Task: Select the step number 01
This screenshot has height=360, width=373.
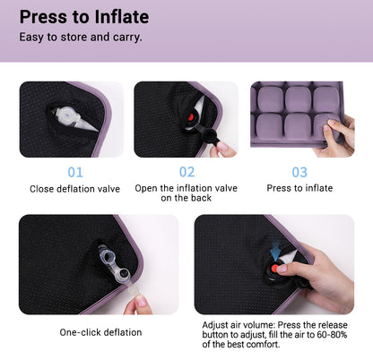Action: click(x=75, y=171)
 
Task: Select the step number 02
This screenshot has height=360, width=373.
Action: click(x=186, y=171)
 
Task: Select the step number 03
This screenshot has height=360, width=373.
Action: click(x=299, y=171)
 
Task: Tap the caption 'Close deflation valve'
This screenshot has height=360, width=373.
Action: click(x=75, y=188)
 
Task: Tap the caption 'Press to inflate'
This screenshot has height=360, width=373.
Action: click(x=299, y=188)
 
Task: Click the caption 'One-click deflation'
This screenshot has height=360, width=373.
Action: click(x=100, y=332)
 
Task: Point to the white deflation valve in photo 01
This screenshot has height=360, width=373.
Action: click(x=65, y=120)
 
